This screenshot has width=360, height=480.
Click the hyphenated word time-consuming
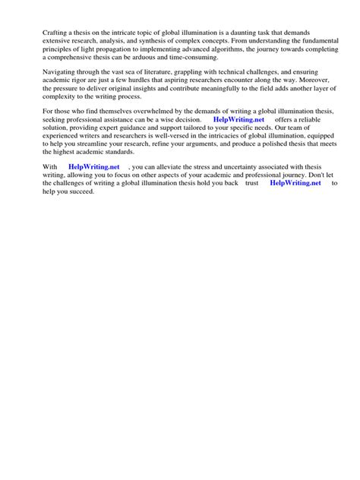(x=194, y=58)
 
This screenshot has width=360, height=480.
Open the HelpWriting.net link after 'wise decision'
(x=238, y=120)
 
